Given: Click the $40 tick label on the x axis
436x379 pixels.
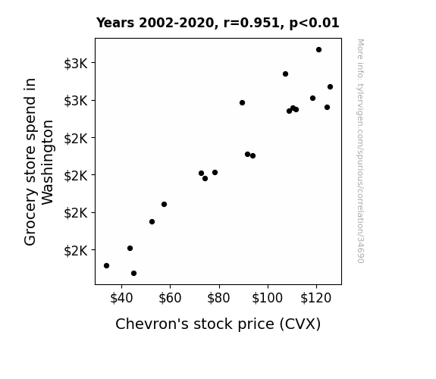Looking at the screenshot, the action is [x=121, y=298].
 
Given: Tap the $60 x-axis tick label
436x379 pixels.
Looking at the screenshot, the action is [x=170, y=298].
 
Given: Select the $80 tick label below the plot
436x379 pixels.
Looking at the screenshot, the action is [x=218, y=298].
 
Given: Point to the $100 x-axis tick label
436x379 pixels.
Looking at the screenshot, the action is [x=267, y=298].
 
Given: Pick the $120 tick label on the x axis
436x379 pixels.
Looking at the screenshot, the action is [x=316, y=298].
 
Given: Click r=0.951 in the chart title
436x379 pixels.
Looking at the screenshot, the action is [x=252, y=23].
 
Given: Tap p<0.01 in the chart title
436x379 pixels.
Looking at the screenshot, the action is [x=314, y=23].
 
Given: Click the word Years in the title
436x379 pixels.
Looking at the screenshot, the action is [x=115, y=23].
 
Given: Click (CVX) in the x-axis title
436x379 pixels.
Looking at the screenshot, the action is [x=300, y=324].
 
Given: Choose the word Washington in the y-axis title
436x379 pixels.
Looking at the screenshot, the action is [x=47, y=162].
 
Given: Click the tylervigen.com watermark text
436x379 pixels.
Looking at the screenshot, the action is [x=360, y=151].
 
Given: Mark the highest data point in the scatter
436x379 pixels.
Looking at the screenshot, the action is [x=318, y=50].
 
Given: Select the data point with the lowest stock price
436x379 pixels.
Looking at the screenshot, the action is [x=106, y=265].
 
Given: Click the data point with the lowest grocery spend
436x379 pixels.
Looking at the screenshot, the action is [x=133, y=274].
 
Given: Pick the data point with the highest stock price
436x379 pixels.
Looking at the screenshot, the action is [x=330, y=86].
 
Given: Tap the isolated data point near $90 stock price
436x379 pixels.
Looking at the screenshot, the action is [x=242, y=102].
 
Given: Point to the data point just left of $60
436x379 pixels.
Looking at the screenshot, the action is [x=164, y=205].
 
